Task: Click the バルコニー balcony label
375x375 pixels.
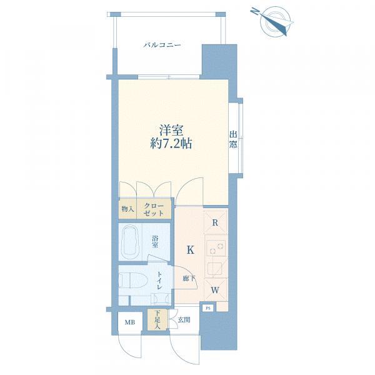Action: click(x=162, y=45)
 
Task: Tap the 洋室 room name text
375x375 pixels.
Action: click(x=171, y=131)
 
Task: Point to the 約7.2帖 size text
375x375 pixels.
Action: click(x=171, y=144)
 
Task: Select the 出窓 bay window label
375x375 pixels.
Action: click(x=233, y=139)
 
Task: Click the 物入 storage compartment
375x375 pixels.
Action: click(x=127, y=209)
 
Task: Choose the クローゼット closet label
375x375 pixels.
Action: click(x=154, y=209)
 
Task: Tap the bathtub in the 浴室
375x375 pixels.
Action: click(x=131, y=241)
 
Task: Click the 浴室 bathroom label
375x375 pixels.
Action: click(x=155, y=242)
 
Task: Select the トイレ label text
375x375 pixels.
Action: click(x=160, y=281)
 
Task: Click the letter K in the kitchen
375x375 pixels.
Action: click(x=191, y=250)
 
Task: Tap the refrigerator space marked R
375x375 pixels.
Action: click(x=215, y=223)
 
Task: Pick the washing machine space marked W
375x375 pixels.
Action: click(x=215, y=291)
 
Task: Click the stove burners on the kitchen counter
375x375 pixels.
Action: click(x=216, y=247)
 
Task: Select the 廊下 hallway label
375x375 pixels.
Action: click(x=189, y=278)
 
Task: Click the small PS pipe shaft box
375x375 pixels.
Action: click(x=209, y=308)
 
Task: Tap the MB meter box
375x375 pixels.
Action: click(x=130, y=322)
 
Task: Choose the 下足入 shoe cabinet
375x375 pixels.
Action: click(x=157, y=320)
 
